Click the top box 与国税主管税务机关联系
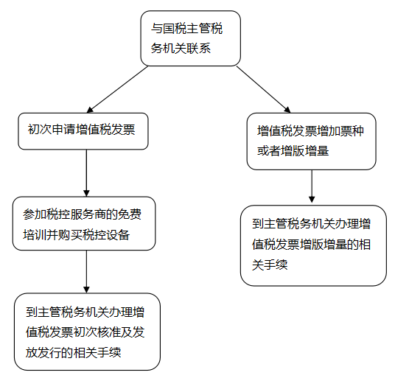(x=190, y=38)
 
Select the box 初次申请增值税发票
(x=83, y=131)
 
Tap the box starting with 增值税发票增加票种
(x=312, y=141)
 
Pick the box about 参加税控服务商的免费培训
(x=84, y=223)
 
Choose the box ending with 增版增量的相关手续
(x=313, y=245)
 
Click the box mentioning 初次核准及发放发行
(x=87, y=332)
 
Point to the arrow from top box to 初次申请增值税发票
(x=117, y=89)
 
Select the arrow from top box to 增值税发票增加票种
(x=263, y=89)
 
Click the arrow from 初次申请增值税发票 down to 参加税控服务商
(x=87, y=173)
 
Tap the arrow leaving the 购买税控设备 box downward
(x=87, y=272)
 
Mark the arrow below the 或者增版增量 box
(x=312, y=186)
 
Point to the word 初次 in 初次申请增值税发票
(x=40, y=130)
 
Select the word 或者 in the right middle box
(x=269, y=151)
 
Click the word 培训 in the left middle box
(x=35, y=235)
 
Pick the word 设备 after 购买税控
(x=118, y=235)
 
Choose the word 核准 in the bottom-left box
(x=109, y=332)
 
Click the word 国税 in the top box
(x=175, y=28)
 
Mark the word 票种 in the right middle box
(x=352, y=131)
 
